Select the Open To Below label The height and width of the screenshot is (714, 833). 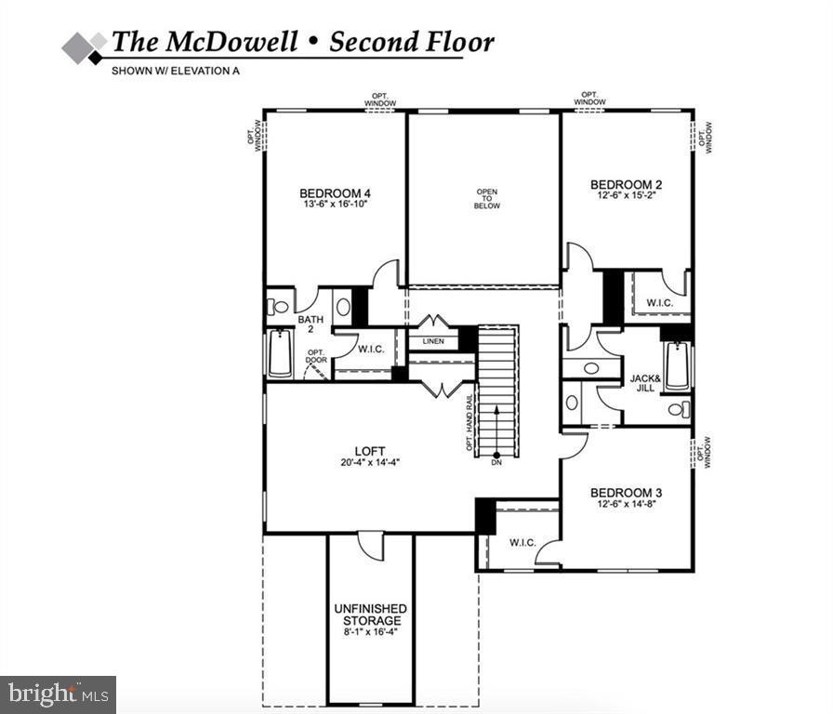click(x=487, y=199)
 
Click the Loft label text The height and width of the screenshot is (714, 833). click(x=370, y=451)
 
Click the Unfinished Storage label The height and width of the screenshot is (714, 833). click(x=370, y=615)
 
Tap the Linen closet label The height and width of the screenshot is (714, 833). click(x=433, y=341)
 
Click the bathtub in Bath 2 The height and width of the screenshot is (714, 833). click(x=280, y=355)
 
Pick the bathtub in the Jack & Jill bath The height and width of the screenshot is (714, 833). click(x=676, y=366)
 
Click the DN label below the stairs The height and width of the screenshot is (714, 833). click(x=496, y=463)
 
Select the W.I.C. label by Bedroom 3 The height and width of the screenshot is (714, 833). click(x=522, y=542)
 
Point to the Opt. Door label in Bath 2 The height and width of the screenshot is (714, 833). click(x=315, y=356)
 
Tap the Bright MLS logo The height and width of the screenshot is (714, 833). click(x=58, y=694)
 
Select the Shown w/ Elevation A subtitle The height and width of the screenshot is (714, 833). click(x=176, y=71)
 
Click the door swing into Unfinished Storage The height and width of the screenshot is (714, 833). click(x=372, y=546)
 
